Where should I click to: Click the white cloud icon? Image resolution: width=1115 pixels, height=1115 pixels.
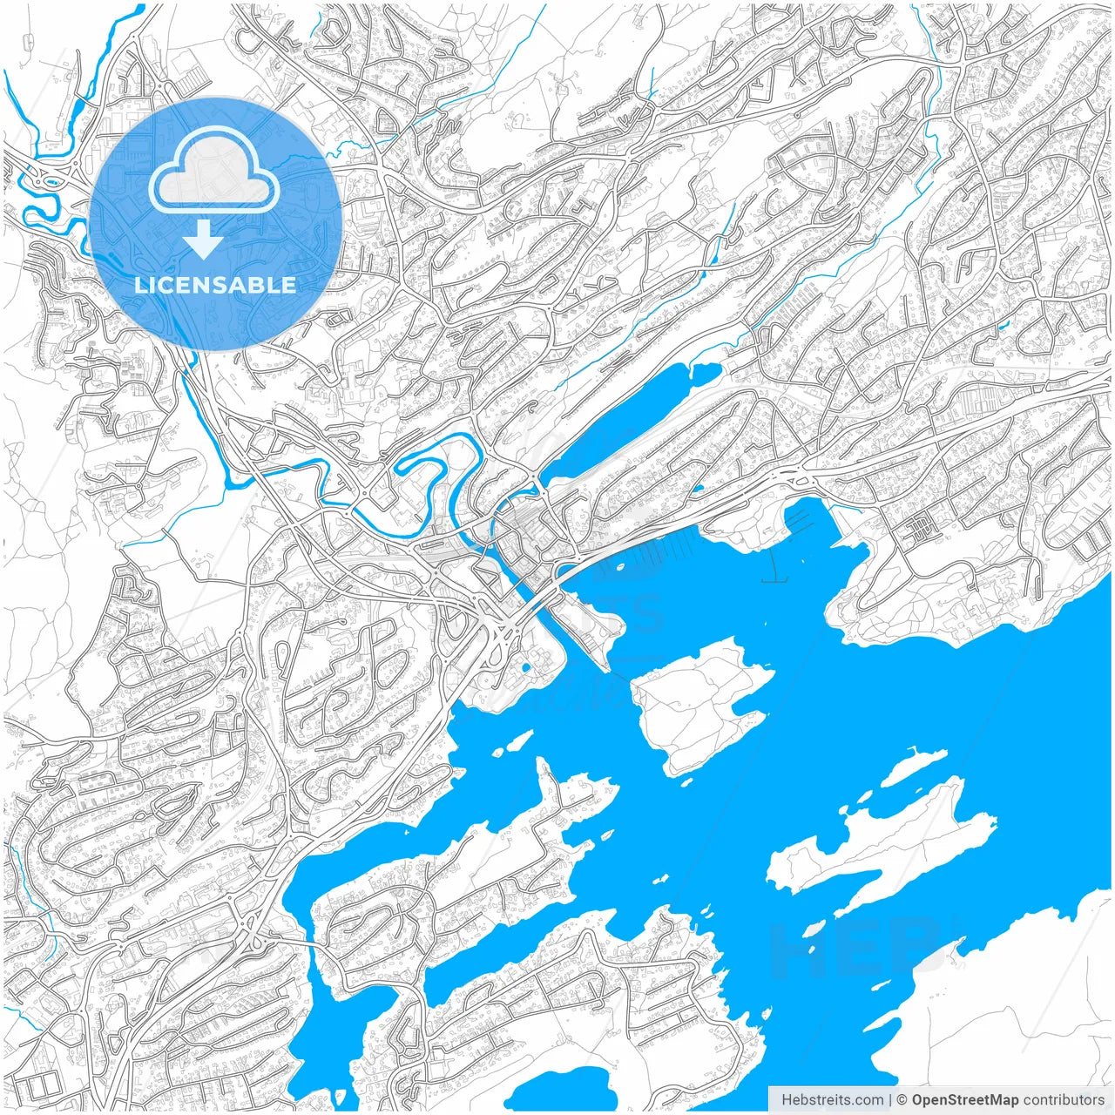pyautogui.click(x=214, y=171)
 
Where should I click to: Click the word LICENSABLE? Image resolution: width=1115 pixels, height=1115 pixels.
pyautogui.click(x=215, y=285)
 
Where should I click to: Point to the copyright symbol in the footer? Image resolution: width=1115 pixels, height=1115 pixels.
pyautogui.click(x=902, y=1099)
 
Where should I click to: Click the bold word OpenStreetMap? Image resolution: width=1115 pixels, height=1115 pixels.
pyautogui.click(x=964, y=1099)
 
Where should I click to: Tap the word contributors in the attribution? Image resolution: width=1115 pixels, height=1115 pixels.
pyautogui.click(x=1064, y=1099)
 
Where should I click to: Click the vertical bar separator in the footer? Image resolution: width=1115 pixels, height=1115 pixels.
pyautogui.click(x=889, y=1099)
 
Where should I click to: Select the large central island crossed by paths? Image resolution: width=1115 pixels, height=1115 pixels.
pyautogui.click(x=697, y=701)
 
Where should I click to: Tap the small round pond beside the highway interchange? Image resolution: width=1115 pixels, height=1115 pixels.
pyautogui.click(x=526, y=668)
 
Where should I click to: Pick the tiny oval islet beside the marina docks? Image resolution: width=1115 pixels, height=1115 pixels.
pyautogui.click(x=619, y=567)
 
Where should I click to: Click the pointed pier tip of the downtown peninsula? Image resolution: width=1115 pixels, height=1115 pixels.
pyautogui.click(x=606, y=666)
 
